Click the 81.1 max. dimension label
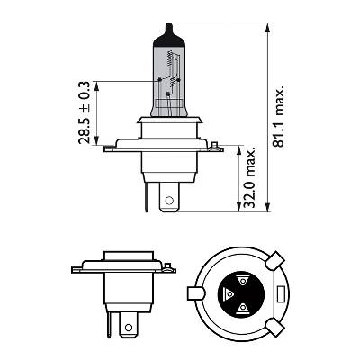click(x=278, y=117)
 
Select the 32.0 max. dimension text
click(x=249, y=177)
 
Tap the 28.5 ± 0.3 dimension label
click(x=84, y=112)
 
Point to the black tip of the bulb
click(x=169, y=34)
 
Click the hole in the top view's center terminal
click(x=169, y=200)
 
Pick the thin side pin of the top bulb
click(x=147, y=197)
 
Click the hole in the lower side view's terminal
click(x=129, y=327)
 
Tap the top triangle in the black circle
click(x=242, y=281)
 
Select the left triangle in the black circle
click(x=229, y=293)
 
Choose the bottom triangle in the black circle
click(x=242, y=307)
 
